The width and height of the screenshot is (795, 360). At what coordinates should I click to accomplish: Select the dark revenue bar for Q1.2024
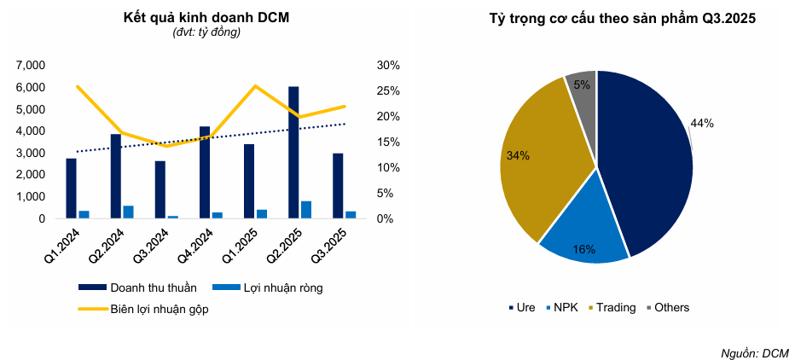[71, 189]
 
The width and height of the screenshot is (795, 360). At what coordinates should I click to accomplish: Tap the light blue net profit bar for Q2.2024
[129, 212]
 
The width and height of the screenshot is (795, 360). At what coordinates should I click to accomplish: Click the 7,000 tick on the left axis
[31, 65]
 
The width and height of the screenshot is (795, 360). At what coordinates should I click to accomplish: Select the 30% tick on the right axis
[388, 65]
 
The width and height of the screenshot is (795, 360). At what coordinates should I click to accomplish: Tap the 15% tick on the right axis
[388, 142]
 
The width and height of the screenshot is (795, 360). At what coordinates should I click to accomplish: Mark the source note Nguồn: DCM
[755, 352]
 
